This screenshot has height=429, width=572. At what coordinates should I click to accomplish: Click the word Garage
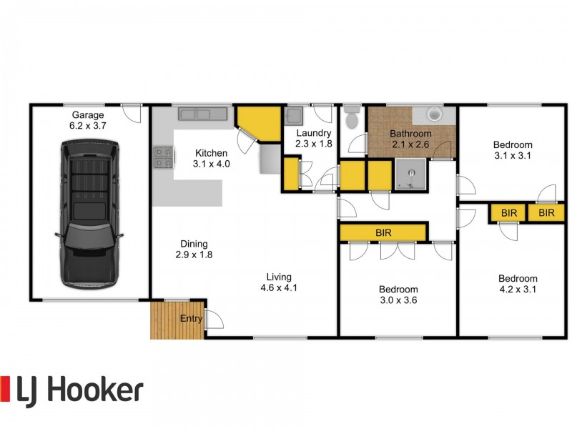(88, 114)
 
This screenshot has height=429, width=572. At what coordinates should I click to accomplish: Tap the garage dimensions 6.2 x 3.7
(88, 125)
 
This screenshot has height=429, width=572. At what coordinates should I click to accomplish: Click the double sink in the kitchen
(202, 114)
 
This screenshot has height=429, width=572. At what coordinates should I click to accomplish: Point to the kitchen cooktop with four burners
(162, 157)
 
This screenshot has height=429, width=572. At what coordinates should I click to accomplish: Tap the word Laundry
(313, 133)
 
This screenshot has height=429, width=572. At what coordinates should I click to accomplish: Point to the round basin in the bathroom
(433, 114)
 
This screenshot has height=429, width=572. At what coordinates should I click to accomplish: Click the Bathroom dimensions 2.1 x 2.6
(410, 144)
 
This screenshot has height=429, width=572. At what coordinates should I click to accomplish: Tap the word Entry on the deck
(191, 319)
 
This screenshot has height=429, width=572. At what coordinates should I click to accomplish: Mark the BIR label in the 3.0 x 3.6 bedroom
(383, 232)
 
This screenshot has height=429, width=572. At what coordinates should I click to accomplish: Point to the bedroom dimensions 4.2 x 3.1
(518, 290)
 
